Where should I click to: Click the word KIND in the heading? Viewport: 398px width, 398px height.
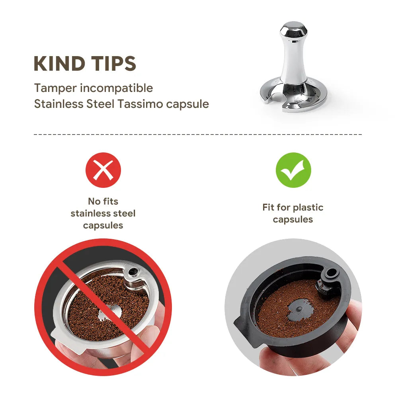[x=59, y=64]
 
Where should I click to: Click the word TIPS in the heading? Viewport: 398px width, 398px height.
[x=114, y=64]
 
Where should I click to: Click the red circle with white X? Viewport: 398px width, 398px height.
[x=103, y=170]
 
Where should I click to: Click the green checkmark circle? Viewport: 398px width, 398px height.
[x=293, y=170]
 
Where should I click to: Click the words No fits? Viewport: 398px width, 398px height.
[x=103, y=201]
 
